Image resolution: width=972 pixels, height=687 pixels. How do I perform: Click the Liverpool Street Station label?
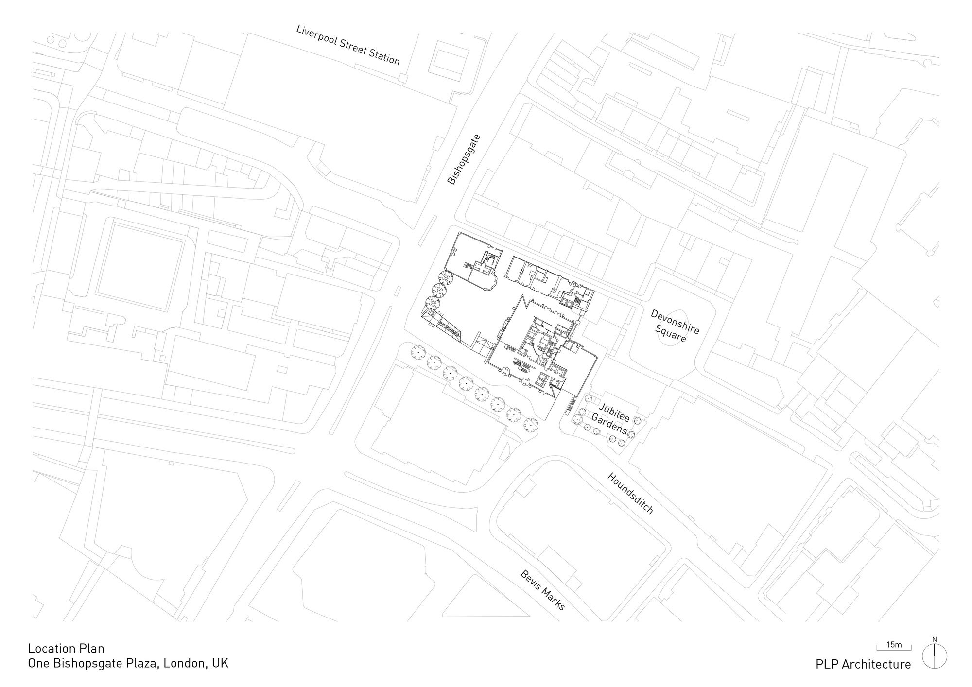pos(348,45)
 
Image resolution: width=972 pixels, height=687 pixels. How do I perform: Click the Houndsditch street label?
pos(630,493)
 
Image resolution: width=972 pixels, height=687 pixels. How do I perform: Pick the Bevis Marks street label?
pos(543,590)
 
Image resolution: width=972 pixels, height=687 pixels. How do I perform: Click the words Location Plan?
pos(66,648)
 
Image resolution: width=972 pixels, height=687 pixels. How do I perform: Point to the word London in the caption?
pos(185,664)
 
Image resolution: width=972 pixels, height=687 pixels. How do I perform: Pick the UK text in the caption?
pos(220,663)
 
